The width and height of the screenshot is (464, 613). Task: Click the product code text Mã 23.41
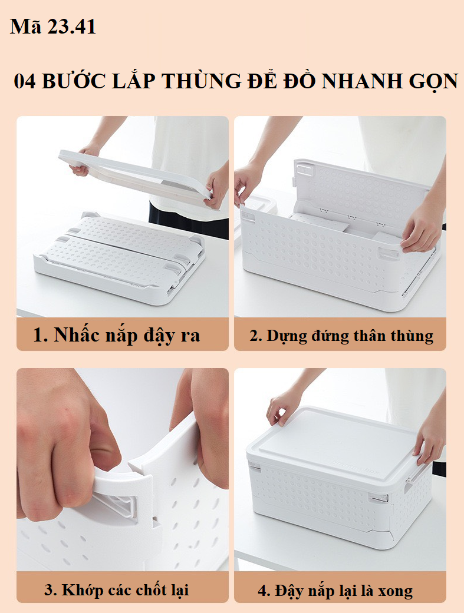tap(53, 26)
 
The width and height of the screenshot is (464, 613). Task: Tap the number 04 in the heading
tap(25, 82)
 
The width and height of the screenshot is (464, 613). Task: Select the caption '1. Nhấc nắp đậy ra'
tap(117, 335)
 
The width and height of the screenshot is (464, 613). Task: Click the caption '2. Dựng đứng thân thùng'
tap(341, 336)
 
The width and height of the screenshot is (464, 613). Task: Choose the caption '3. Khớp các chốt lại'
tap(117, 590)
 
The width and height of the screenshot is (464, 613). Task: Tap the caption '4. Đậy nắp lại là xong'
tap(335, 591)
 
